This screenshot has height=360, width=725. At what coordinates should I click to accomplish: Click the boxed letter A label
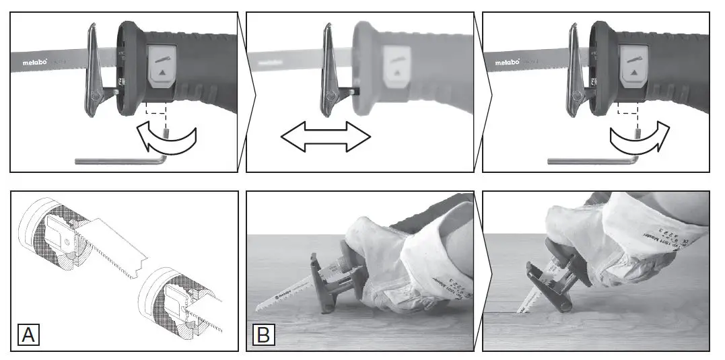pos(28,334)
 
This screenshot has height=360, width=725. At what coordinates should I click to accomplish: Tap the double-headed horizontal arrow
pos(326,137)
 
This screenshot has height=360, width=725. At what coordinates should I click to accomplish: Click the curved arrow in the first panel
pos(164,137)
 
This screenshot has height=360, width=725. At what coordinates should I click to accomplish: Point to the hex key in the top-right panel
pos(592,160)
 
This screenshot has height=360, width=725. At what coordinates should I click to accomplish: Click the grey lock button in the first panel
pos(162,66)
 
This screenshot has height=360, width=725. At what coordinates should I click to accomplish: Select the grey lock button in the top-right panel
pos(634,66)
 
